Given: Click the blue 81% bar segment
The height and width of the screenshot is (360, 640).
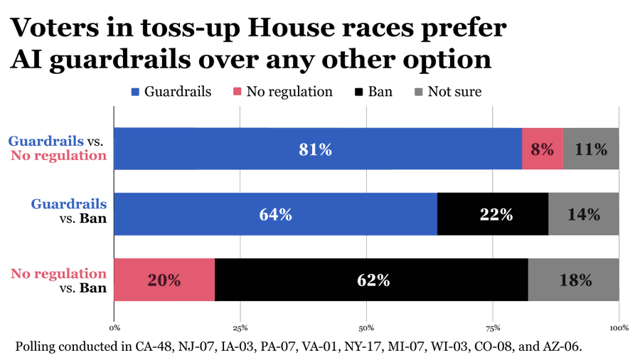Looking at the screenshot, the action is tap(318, 149).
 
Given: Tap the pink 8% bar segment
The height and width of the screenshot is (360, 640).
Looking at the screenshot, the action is tap(543, 149).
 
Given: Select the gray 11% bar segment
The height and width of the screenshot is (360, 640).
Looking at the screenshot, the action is tap(591, 149).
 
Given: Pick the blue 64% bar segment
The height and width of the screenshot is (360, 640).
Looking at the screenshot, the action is tap(275, 214).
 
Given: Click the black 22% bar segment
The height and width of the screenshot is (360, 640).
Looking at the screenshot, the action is tap(493, 214).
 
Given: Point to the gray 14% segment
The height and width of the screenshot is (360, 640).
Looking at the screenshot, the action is tap(584, 214).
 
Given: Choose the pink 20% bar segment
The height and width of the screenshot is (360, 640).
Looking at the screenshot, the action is tap(164, 280).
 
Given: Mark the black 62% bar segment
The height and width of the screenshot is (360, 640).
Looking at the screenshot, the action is tap(371, 280).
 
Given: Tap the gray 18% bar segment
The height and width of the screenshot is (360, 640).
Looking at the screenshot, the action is tap(573, 280).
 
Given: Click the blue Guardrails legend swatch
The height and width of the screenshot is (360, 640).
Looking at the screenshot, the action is tap(135, 92).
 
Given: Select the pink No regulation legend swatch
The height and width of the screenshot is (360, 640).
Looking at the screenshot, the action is tap(237, 92).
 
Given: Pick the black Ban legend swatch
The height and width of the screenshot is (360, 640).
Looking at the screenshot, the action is tap(358, 92).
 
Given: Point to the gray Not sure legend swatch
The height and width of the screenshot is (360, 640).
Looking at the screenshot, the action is tap(418, 92).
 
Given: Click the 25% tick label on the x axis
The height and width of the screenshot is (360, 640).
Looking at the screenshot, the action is tap(240, 328).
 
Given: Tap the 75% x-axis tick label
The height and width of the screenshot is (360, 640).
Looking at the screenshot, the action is tap(493, 328).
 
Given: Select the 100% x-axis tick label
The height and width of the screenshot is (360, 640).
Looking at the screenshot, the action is tap(619, 328).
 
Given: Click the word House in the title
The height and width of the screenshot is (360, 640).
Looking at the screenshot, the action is tap(291, 28).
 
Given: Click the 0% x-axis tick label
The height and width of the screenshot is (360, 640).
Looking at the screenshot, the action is tap(114, 328).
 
